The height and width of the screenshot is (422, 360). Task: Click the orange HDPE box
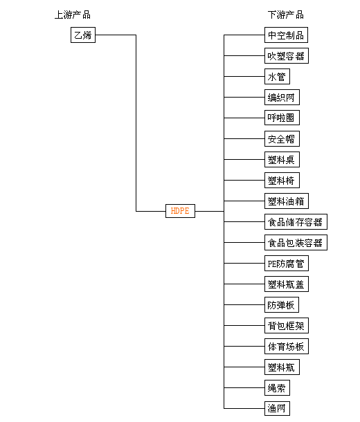coord(180,211)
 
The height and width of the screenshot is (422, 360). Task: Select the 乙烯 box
coord(83,35)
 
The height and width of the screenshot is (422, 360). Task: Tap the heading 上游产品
coord(73,15)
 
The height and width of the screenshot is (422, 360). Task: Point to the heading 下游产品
coord(286,15)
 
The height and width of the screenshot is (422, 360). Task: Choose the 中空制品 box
coord(286,35)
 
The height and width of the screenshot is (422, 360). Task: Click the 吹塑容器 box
coord(287,56)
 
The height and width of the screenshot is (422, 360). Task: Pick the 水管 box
coord(277,76)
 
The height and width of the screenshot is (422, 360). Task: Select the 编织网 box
coord(282,97)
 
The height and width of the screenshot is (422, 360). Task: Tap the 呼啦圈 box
coord(282,118)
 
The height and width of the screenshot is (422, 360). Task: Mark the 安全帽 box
coord(282,138)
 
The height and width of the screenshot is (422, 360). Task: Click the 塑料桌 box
coord(282,159)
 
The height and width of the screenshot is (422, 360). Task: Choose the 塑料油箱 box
coord(287,201)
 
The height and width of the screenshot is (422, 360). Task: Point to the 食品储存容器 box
coord(296,221)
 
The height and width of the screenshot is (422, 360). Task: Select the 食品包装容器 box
coord(296,243)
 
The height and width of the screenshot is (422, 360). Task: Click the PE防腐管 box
coord(287,263)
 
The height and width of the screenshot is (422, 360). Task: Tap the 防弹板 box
coord(282,304)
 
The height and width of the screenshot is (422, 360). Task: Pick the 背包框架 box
coord(287,325)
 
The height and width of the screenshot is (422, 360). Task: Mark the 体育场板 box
coord(287,346)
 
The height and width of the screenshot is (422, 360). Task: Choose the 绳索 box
coord(277,387)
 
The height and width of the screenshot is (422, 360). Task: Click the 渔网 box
coord(277,408)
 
